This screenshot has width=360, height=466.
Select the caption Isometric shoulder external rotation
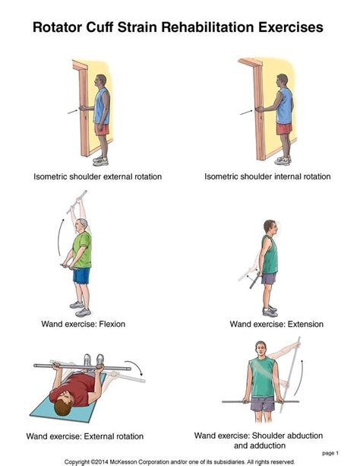[x=97, y=177]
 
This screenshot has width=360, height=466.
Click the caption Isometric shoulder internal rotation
[x=267, y=177]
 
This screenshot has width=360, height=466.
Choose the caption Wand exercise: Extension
[x=276, y=324]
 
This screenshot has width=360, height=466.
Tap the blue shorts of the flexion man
[x=81, y=274]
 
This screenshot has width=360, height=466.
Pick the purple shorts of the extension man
[x=269, y=277]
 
